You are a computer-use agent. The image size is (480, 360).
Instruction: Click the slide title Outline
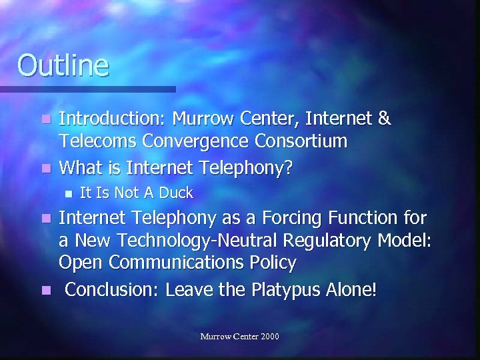(63, 65)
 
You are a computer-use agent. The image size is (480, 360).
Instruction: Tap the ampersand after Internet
(384, 119)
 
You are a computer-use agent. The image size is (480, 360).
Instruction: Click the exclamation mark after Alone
(373, 290)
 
